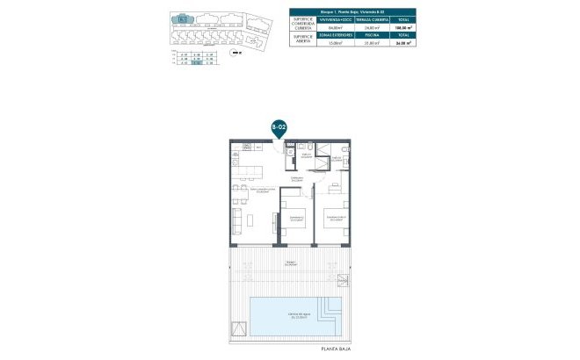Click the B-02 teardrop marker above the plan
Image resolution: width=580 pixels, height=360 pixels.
pos(279,128)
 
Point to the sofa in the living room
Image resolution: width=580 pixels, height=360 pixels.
pos(236,218)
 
